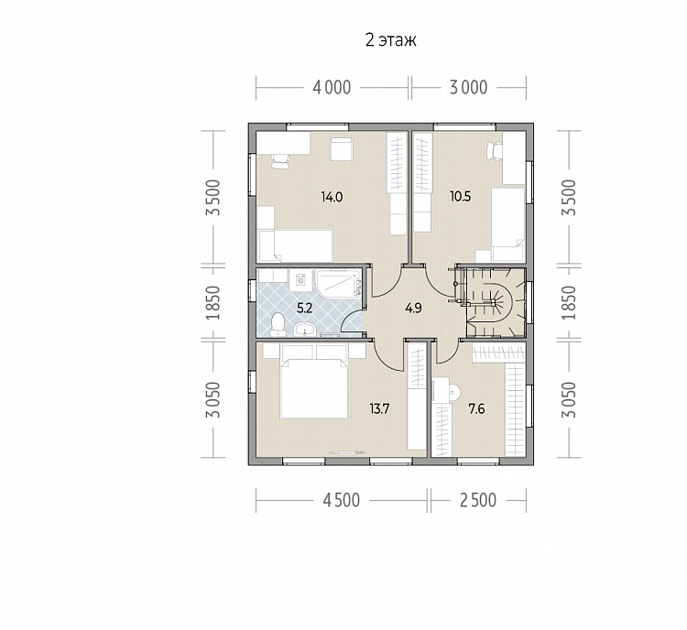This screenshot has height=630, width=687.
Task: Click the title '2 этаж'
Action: [x=391, y=40]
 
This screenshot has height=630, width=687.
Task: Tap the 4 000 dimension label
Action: [x=332, y=88]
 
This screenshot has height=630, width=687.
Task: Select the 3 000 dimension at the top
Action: [x=468, y=88]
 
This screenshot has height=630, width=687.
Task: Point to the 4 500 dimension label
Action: [x=341, y=500]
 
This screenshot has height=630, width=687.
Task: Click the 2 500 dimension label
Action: [x=478, y=500]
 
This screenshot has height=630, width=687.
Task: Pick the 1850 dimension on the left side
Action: [x=213, y=302]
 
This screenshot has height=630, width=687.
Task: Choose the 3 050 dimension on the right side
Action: [x=569, y=399]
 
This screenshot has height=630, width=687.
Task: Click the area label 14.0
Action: [x=332, y=197]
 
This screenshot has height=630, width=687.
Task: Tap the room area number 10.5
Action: [x=461, y=196]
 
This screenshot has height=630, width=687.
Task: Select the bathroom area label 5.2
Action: [x=304, y=308]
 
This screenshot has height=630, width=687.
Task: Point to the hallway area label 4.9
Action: [x=413, y=308]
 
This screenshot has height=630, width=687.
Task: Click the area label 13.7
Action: [x=379, y=409]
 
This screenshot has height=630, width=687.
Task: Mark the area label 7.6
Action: [x=476, y=409]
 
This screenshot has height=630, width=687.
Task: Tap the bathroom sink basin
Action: [x=305, y=330]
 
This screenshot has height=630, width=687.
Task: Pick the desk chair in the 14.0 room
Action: [x=280, y=161]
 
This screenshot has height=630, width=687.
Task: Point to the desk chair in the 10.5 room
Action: [x=495, y=151]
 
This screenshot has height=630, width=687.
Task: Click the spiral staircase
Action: [x=496, y=302]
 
